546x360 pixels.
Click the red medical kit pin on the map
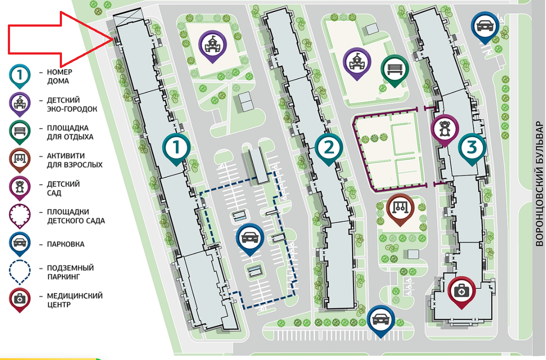[x=461, y=291]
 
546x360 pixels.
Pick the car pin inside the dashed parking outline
[x=250, y=238]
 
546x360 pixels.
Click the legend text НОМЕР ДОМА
[x=59, y=76]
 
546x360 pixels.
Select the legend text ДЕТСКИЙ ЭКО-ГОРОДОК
[x=72, y=104]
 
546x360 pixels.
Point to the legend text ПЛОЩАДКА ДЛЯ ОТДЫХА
[x=70, y=132]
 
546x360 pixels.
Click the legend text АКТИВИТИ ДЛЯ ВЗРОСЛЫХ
[x=75, y=160]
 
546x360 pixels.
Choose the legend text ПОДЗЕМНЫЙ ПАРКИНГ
[x=70, y=272]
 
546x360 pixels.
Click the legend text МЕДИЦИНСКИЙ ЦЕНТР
[x=74, y=300]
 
